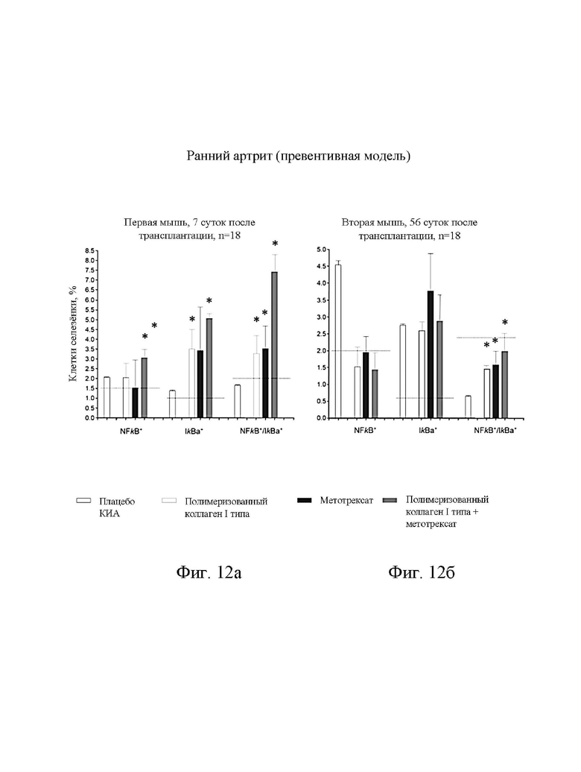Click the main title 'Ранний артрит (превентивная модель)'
[x=298, y=156]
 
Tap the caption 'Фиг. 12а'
[x=209, y=572]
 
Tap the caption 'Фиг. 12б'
[x=422, y=572]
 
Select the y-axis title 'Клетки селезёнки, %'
[x=73, y=334]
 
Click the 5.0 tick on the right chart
[x=321, y=250]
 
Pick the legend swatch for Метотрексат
[x=305, y=500]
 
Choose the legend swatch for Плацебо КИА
[x=83, y=501]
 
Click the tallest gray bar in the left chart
[x=275, y=344]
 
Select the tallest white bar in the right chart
[x=338, y=341]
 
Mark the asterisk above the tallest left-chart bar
[x=275, y=244]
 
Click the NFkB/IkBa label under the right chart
[x=495, y=430]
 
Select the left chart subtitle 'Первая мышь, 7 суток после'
[x=189, y=223]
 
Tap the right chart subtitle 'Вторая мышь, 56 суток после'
[x=410, y=223]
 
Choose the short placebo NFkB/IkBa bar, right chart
[x=468, y=407]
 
